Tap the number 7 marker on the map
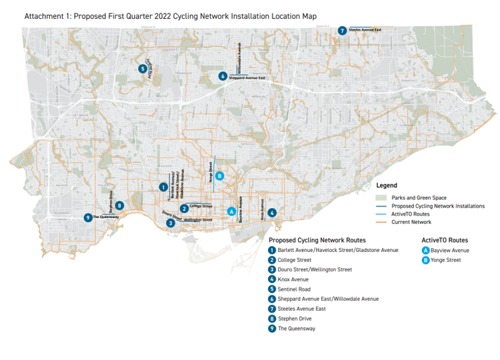coord(342,30)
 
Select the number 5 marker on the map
coord(143,68)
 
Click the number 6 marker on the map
coord(222,76)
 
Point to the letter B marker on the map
coord(219,176)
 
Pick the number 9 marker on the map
coord(87,217)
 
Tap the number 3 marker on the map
coord(171,223)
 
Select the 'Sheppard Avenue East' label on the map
coord(247,78)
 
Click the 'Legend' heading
coord(387,185)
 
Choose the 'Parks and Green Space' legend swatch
coord(381,197)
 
